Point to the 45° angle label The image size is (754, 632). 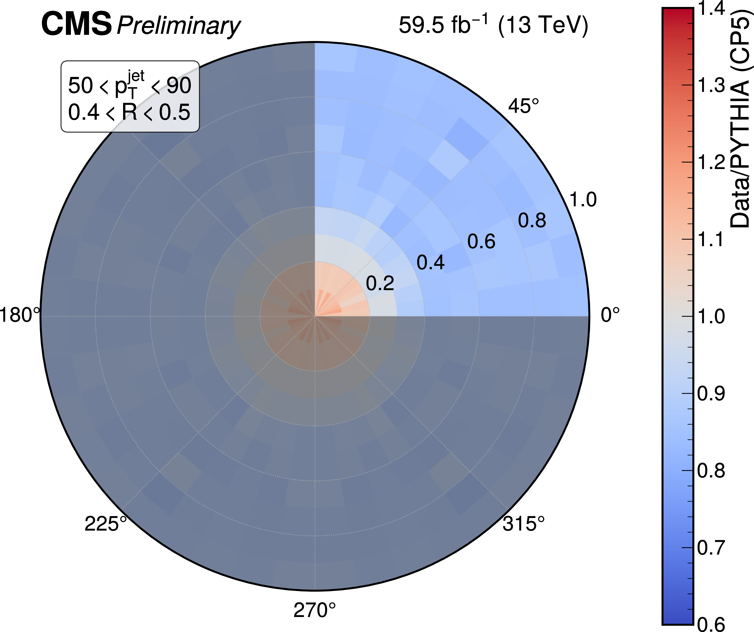[523, 106]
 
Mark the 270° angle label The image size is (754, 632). [315, 610]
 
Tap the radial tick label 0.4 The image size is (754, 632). [430, 262]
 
